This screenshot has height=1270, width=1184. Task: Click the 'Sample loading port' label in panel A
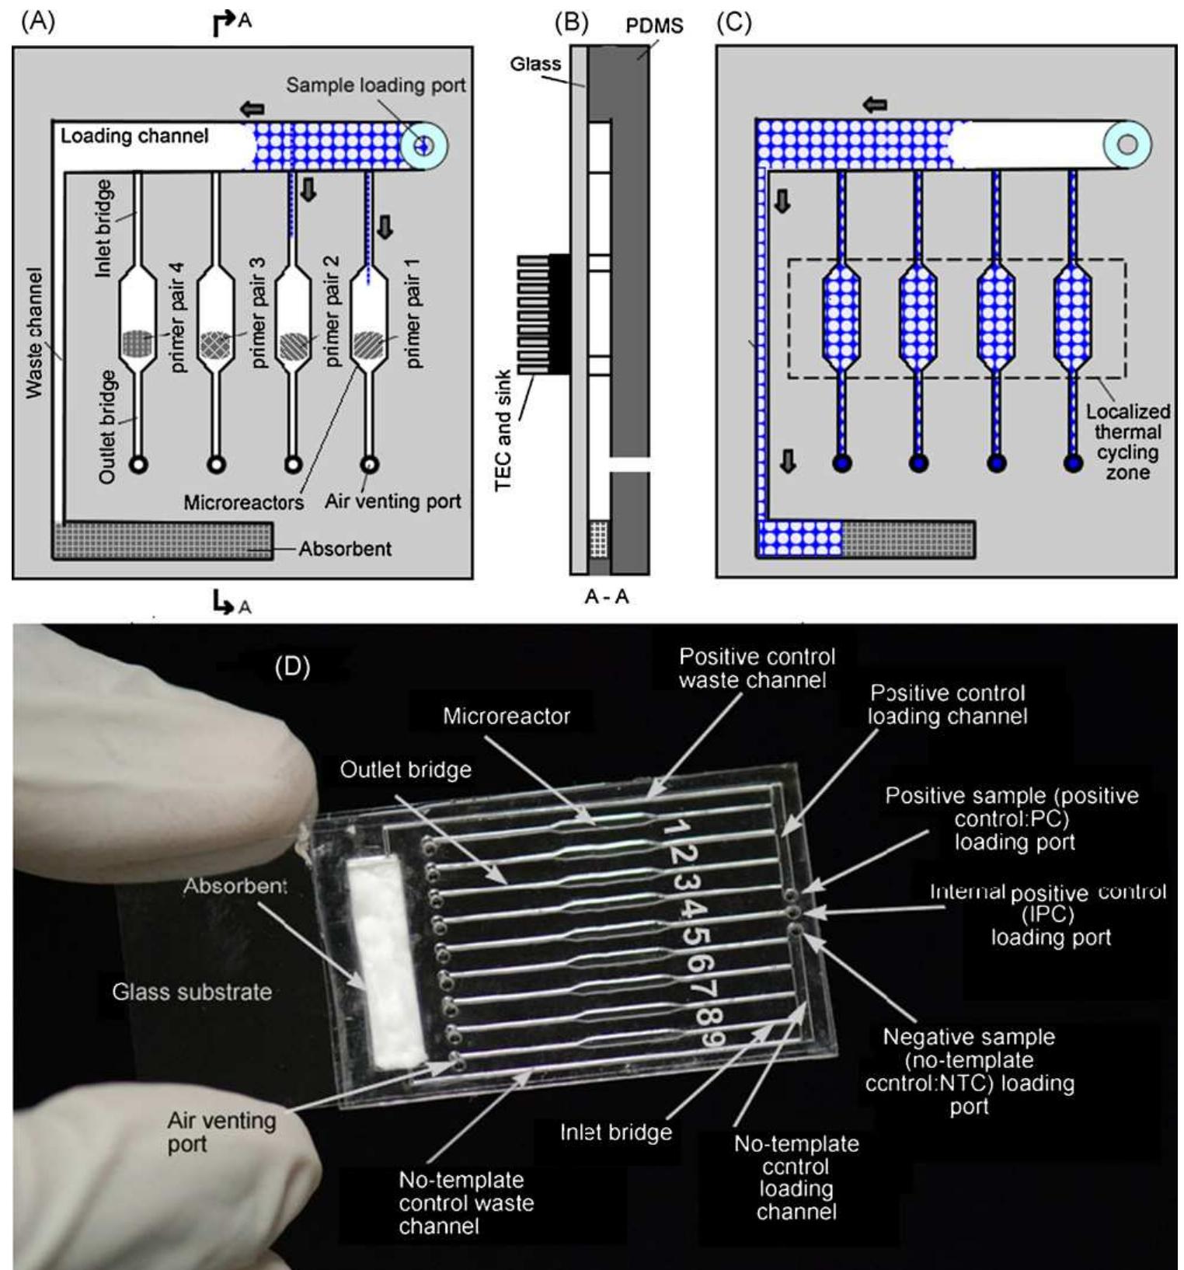point(375,85)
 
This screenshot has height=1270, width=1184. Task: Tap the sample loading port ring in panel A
point(423,145)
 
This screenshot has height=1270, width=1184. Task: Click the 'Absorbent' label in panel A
point(345,549)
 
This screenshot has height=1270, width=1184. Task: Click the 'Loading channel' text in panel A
point(134,136)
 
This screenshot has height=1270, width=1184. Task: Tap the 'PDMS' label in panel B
point(654,26)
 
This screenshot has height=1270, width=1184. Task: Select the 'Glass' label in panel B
point(535,64)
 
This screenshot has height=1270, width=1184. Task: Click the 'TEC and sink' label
point(503,429)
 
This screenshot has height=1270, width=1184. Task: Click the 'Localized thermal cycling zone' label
point(1127,441)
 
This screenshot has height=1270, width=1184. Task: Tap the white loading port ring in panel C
point(1127,145)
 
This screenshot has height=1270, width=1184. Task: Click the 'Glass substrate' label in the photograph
point(192,992)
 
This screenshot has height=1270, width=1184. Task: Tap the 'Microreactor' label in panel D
point(507,716)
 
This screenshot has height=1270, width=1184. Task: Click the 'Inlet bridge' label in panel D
point(616,1132)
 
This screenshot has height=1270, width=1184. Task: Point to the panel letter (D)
point(292,667)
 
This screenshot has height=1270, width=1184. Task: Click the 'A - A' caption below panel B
point(607,597)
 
